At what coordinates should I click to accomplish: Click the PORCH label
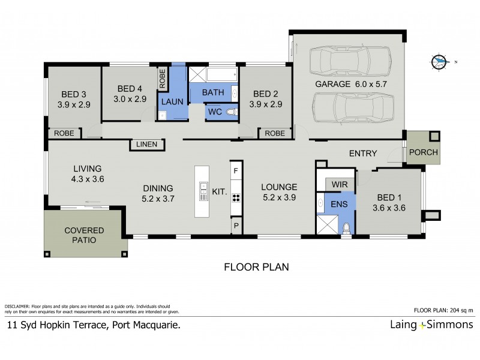pyautogui.click(x=423, y=152)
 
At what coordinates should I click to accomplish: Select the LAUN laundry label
pyautogui.click(x=172, y=102)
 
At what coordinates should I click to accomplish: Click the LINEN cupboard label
pyautogui.click(x=147, y=145)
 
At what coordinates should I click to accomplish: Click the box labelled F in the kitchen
pyautogui.click(x=236, y=170)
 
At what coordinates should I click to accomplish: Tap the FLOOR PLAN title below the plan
pyautogui.click(x=256, y=266)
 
